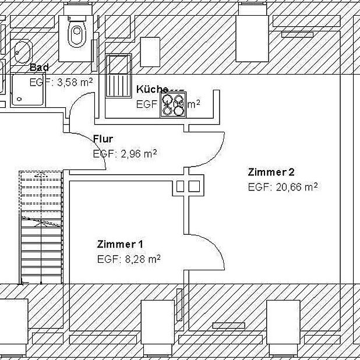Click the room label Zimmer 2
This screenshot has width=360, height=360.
271,172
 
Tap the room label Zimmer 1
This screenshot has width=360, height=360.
120,243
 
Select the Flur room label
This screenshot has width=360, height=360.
103,139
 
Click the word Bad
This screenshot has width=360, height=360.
39,68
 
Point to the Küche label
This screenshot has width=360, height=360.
152,89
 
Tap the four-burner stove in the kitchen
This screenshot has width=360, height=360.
174,105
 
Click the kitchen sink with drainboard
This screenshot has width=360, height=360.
118,76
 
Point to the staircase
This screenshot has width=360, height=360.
41,227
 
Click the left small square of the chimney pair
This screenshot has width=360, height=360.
180,186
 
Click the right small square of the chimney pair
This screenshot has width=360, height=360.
195,186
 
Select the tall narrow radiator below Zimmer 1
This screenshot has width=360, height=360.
179,305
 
